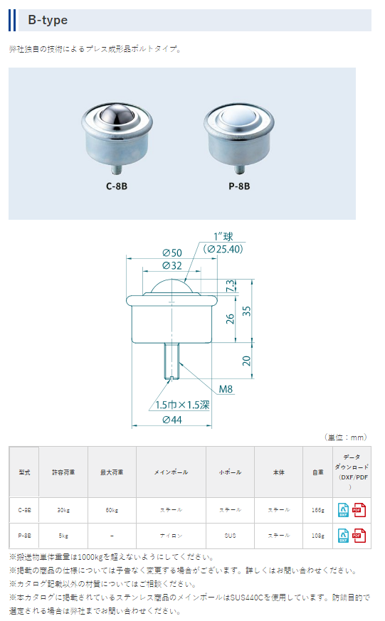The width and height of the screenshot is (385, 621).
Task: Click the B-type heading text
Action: (x=48, y=20)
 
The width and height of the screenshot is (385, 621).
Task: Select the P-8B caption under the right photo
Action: (x=238, y=188)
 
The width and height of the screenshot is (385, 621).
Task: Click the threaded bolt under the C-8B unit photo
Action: (x=117, y=170)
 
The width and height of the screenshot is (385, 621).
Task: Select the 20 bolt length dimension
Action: (x=246, y=360)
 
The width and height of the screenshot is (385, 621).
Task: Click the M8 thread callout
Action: (x=226, y=388)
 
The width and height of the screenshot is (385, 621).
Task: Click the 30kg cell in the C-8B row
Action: (x=63, y=509)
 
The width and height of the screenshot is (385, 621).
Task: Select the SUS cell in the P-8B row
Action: (x=229, y=535)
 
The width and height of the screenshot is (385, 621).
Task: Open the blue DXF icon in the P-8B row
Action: (x=343, y=535)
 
